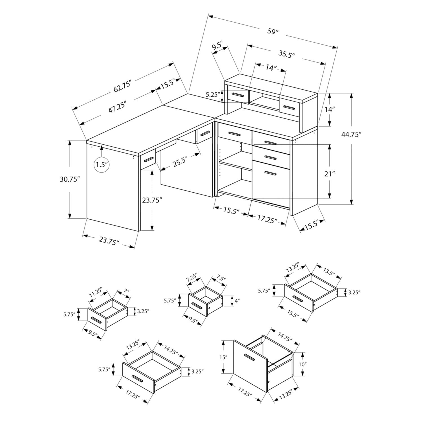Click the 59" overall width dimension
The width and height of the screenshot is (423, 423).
[x=273, y=31]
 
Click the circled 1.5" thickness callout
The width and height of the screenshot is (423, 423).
[x=102, y=164]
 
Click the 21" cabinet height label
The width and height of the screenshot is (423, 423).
[x=329, y=174]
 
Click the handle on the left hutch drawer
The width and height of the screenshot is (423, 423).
[x=237, y=94]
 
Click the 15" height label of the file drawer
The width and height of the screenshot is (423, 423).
[x=223, y=357]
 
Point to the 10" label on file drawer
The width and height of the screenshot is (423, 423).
[x=302, y=364]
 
